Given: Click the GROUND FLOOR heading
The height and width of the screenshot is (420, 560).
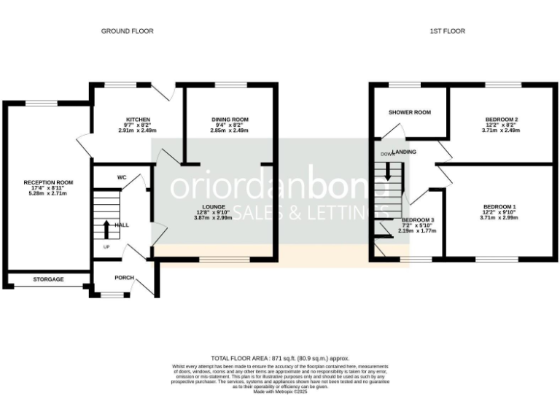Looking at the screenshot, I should tap(127, 31).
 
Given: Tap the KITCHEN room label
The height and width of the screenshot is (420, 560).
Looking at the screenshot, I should tap(138, 119).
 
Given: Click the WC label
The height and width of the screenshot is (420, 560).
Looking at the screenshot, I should tap(122, 176).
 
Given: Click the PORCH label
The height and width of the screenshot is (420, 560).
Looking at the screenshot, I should tap(124, 278).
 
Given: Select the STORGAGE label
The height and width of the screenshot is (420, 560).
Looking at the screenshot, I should tap(48, 279).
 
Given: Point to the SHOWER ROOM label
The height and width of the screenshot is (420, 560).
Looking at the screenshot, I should tap(409, 113).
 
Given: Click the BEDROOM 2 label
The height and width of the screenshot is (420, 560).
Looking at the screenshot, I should tap(501, 119).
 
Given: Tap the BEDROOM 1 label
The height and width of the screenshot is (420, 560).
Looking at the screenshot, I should tap(501, 206).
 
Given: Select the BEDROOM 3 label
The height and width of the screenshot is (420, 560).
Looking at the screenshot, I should tap(418, 219).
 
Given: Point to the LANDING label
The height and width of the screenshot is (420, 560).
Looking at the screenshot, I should tap(405, 152).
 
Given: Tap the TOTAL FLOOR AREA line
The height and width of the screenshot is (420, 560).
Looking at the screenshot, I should tap(280, 359).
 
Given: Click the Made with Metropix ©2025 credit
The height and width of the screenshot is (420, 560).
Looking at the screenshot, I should tap(281, 392).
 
